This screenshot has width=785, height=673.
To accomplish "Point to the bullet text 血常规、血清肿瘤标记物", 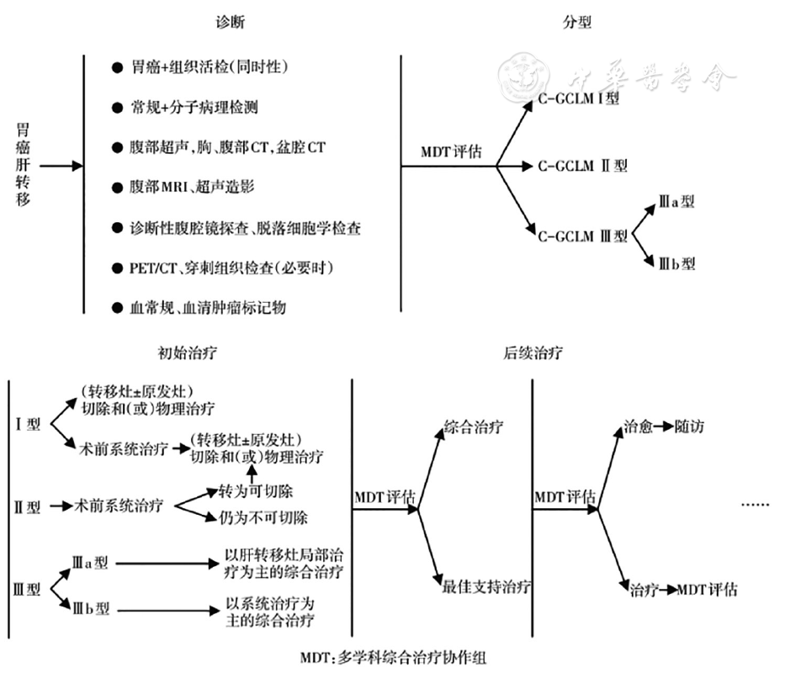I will [208, 307].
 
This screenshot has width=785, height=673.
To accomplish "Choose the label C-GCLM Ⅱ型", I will [582, 166].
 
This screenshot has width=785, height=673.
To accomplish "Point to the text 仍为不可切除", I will [263, 517].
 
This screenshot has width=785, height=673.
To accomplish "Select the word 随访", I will [689, 427].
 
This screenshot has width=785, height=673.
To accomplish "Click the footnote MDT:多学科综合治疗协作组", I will [392, 657].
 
